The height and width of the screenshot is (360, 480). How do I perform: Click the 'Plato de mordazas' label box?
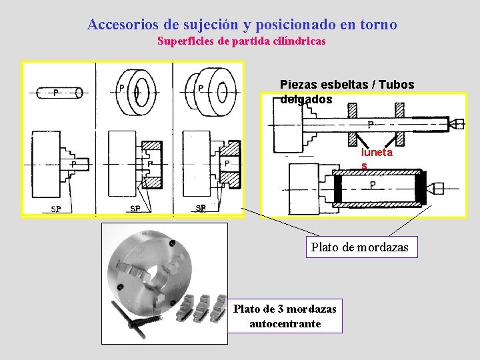tap(360, 247)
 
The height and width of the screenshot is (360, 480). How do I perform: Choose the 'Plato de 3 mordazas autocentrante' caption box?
tap(285, 316)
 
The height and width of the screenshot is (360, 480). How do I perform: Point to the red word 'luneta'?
tap(377, 153)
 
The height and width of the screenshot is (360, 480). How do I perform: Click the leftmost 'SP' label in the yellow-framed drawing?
tap(56, 209)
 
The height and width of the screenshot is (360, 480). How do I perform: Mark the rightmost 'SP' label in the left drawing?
tap(201, 208)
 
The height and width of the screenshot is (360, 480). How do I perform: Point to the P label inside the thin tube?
tap(373, 185)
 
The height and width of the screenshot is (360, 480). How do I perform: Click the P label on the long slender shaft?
tap(370, 125)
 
